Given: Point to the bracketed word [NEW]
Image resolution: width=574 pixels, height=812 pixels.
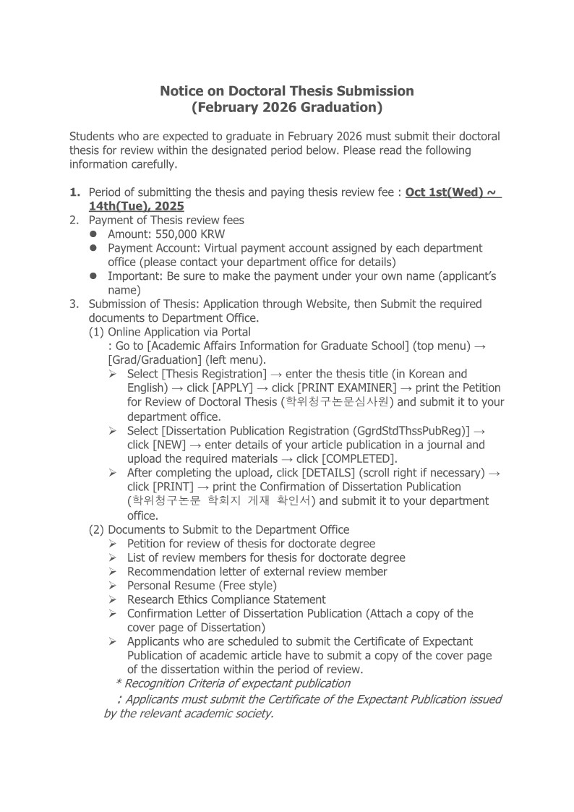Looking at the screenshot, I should (x=169, y=445).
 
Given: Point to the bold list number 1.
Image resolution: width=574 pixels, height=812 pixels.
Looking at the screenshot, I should (x=74, y=193).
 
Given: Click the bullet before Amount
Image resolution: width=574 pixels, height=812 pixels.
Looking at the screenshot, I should (x=94, y=234).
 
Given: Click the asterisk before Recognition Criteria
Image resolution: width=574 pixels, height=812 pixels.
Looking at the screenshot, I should (x=118, y=683).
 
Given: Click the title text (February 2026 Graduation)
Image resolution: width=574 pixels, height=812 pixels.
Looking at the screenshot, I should (x=286, y=108).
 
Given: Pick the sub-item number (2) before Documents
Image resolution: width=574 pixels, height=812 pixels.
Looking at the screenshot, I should (x=97, y=529).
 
